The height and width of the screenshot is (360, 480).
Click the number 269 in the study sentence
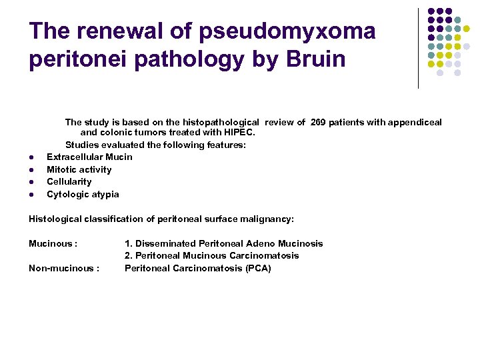[319, 122]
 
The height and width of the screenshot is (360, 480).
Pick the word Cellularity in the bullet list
[69, 181]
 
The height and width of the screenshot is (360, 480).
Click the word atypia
[104, 194]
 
